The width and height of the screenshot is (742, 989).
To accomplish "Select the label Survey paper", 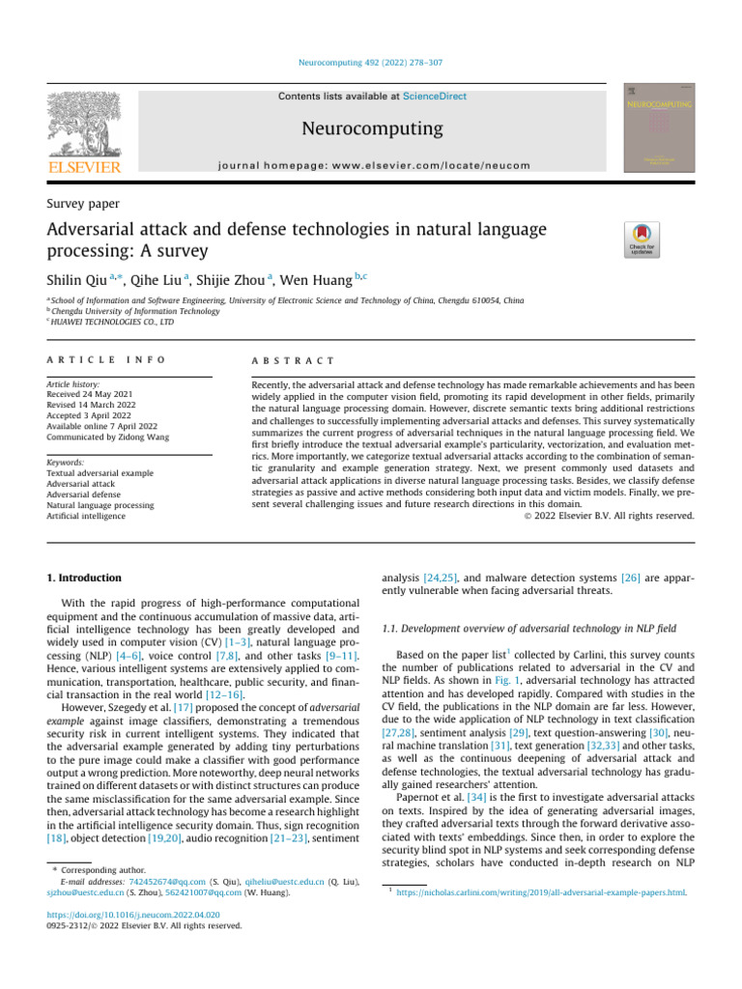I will click(84, 204).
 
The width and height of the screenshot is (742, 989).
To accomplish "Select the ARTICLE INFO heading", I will click(105, 359).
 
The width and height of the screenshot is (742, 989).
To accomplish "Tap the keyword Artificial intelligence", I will click(86, 516).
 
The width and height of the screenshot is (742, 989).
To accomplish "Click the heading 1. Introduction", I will click(84, 578).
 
